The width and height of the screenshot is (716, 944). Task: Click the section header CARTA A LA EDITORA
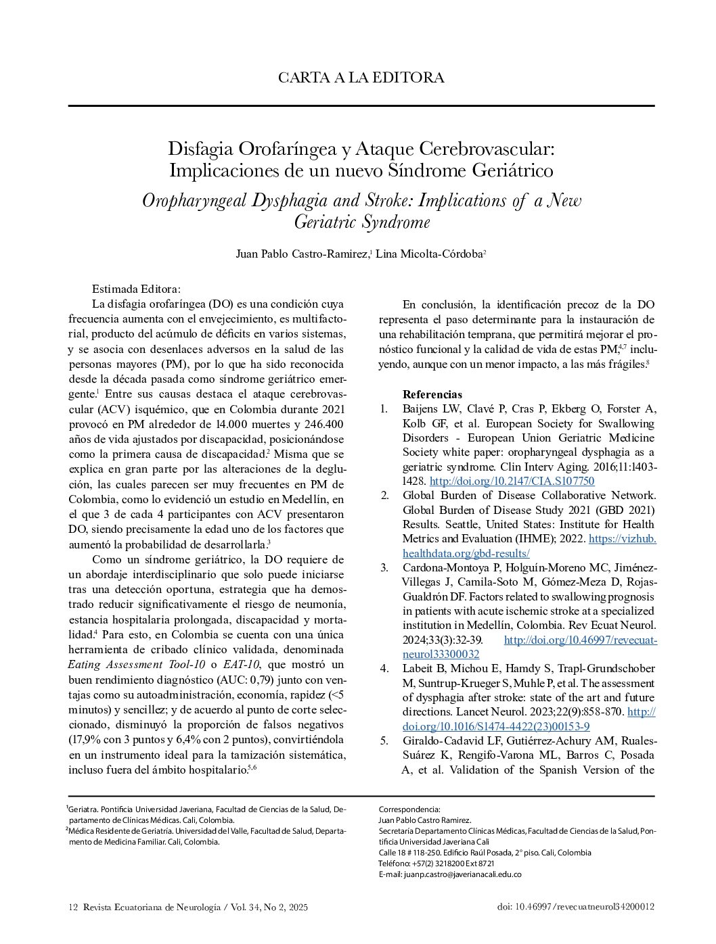click(361, 78)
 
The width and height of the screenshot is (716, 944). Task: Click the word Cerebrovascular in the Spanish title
click(485, 147)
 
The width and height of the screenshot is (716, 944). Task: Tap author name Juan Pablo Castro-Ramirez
click(301, 254)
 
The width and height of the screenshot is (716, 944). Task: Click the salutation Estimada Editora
click(136, 289)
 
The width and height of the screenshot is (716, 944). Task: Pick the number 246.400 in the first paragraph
click(320, 424)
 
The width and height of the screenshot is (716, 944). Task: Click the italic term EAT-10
click(242, 665)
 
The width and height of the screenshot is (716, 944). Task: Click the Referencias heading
click(432, 394)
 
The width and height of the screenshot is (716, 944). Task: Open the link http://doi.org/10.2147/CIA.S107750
click(512, 481)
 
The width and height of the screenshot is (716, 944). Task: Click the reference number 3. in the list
click(384, 567)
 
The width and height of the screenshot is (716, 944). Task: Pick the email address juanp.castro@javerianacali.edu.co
click(462, 874)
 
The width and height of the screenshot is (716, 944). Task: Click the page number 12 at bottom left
click(73, 907)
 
